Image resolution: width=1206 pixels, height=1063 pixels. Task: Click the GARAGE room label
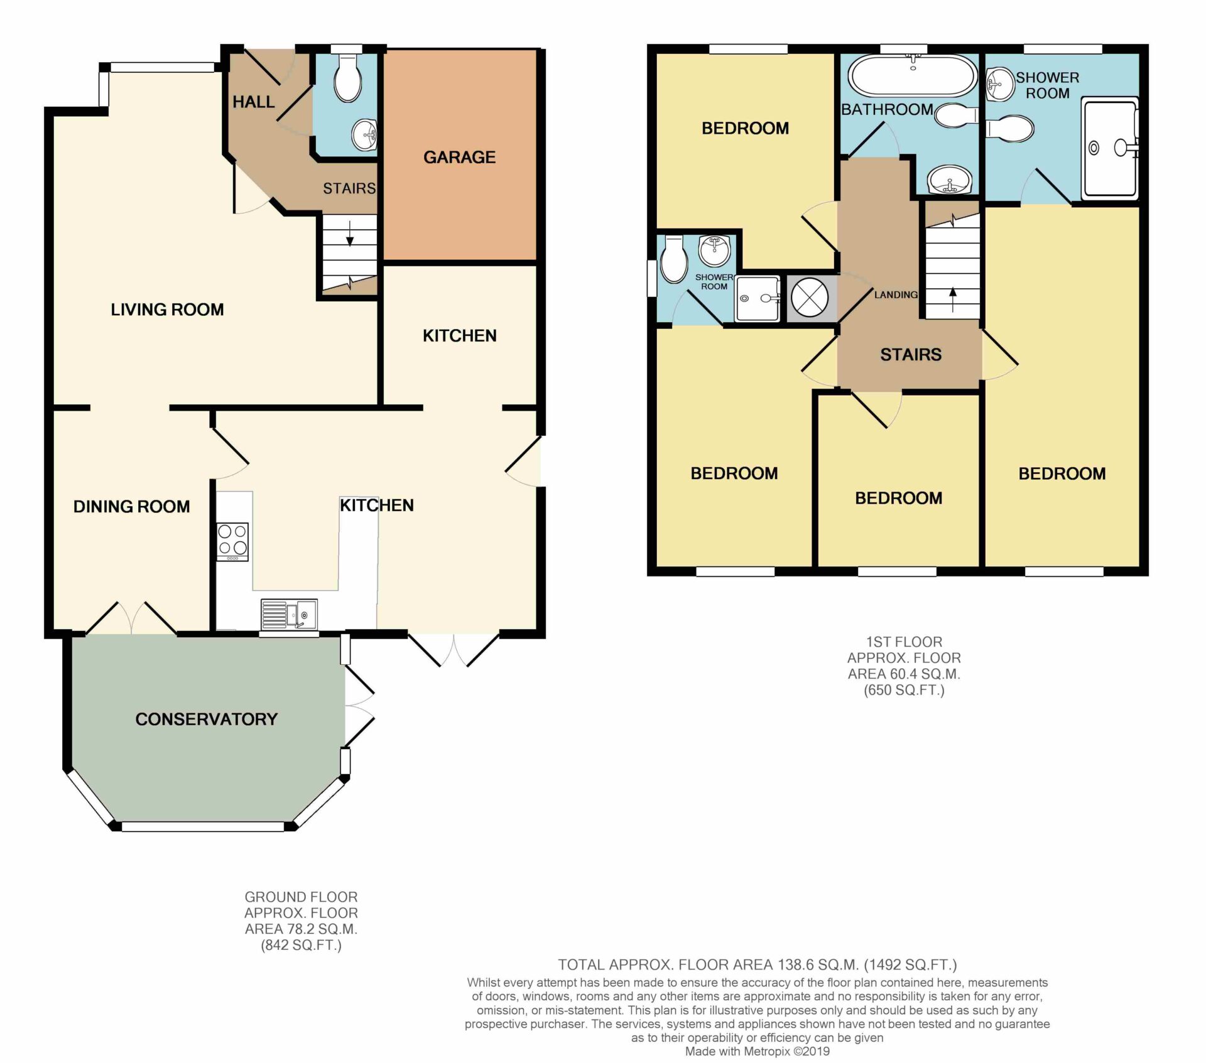coord(459,157)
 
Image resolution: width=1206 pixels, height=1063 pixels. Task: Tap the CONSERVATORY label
coord(207,719)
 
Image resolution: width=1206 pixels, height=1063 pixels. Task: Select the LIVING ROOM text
coord(167,310)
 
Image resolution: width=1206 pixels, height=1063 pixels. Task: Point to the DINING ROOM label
coord(131,507)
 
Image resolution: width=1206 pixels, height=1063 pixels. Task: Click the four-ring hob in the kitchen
coord(232,541)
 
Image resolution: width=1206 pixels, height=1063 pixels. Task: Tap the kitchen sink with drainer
coord(289,614)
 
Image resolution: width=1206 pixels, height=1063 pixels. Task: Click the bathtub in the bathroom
coord(913,76)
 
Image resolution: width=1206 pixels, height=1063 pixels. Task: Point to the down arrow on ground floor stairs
coord(350,232)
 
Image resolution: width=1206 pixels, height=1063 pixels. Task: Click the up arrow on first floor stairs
coord(953,299)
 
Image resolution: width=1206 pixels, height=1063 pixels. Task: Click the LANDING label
coord(896,294)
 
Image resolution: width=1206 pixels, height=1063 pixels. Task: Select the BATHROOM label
coord(887,109)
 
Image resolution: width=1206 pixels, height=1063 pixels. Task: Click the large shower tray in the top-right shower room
coord(1110,148)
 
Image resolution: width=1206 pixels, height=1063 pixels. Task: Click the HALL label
coord(254,102)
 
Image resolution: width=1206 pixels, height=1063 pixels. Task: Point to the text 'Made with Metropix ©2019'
coord(757,1051)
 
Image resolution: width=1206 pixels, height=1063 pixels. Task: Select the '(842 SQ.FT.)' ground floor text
coord(301,945)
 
